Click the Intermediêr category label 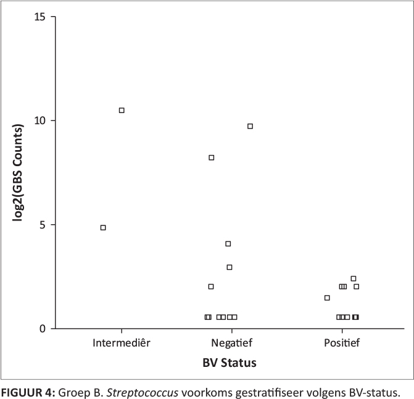(121, 342)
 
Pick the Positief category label (342, 342)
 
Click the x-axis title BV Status (230, 363)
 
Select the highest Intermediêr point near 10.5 (122, 110)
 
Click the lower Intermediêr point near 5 (103, 227)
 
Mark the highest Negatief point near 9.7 (250, 126)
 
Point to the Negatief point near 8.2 (211, 157)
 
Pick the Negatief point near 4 (228, 244)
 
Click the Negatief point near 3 (230, 267)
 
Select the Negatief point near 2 (211, 287)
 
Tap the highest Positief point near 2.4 (354, 279)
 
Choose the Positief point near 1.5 (327, 298)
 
